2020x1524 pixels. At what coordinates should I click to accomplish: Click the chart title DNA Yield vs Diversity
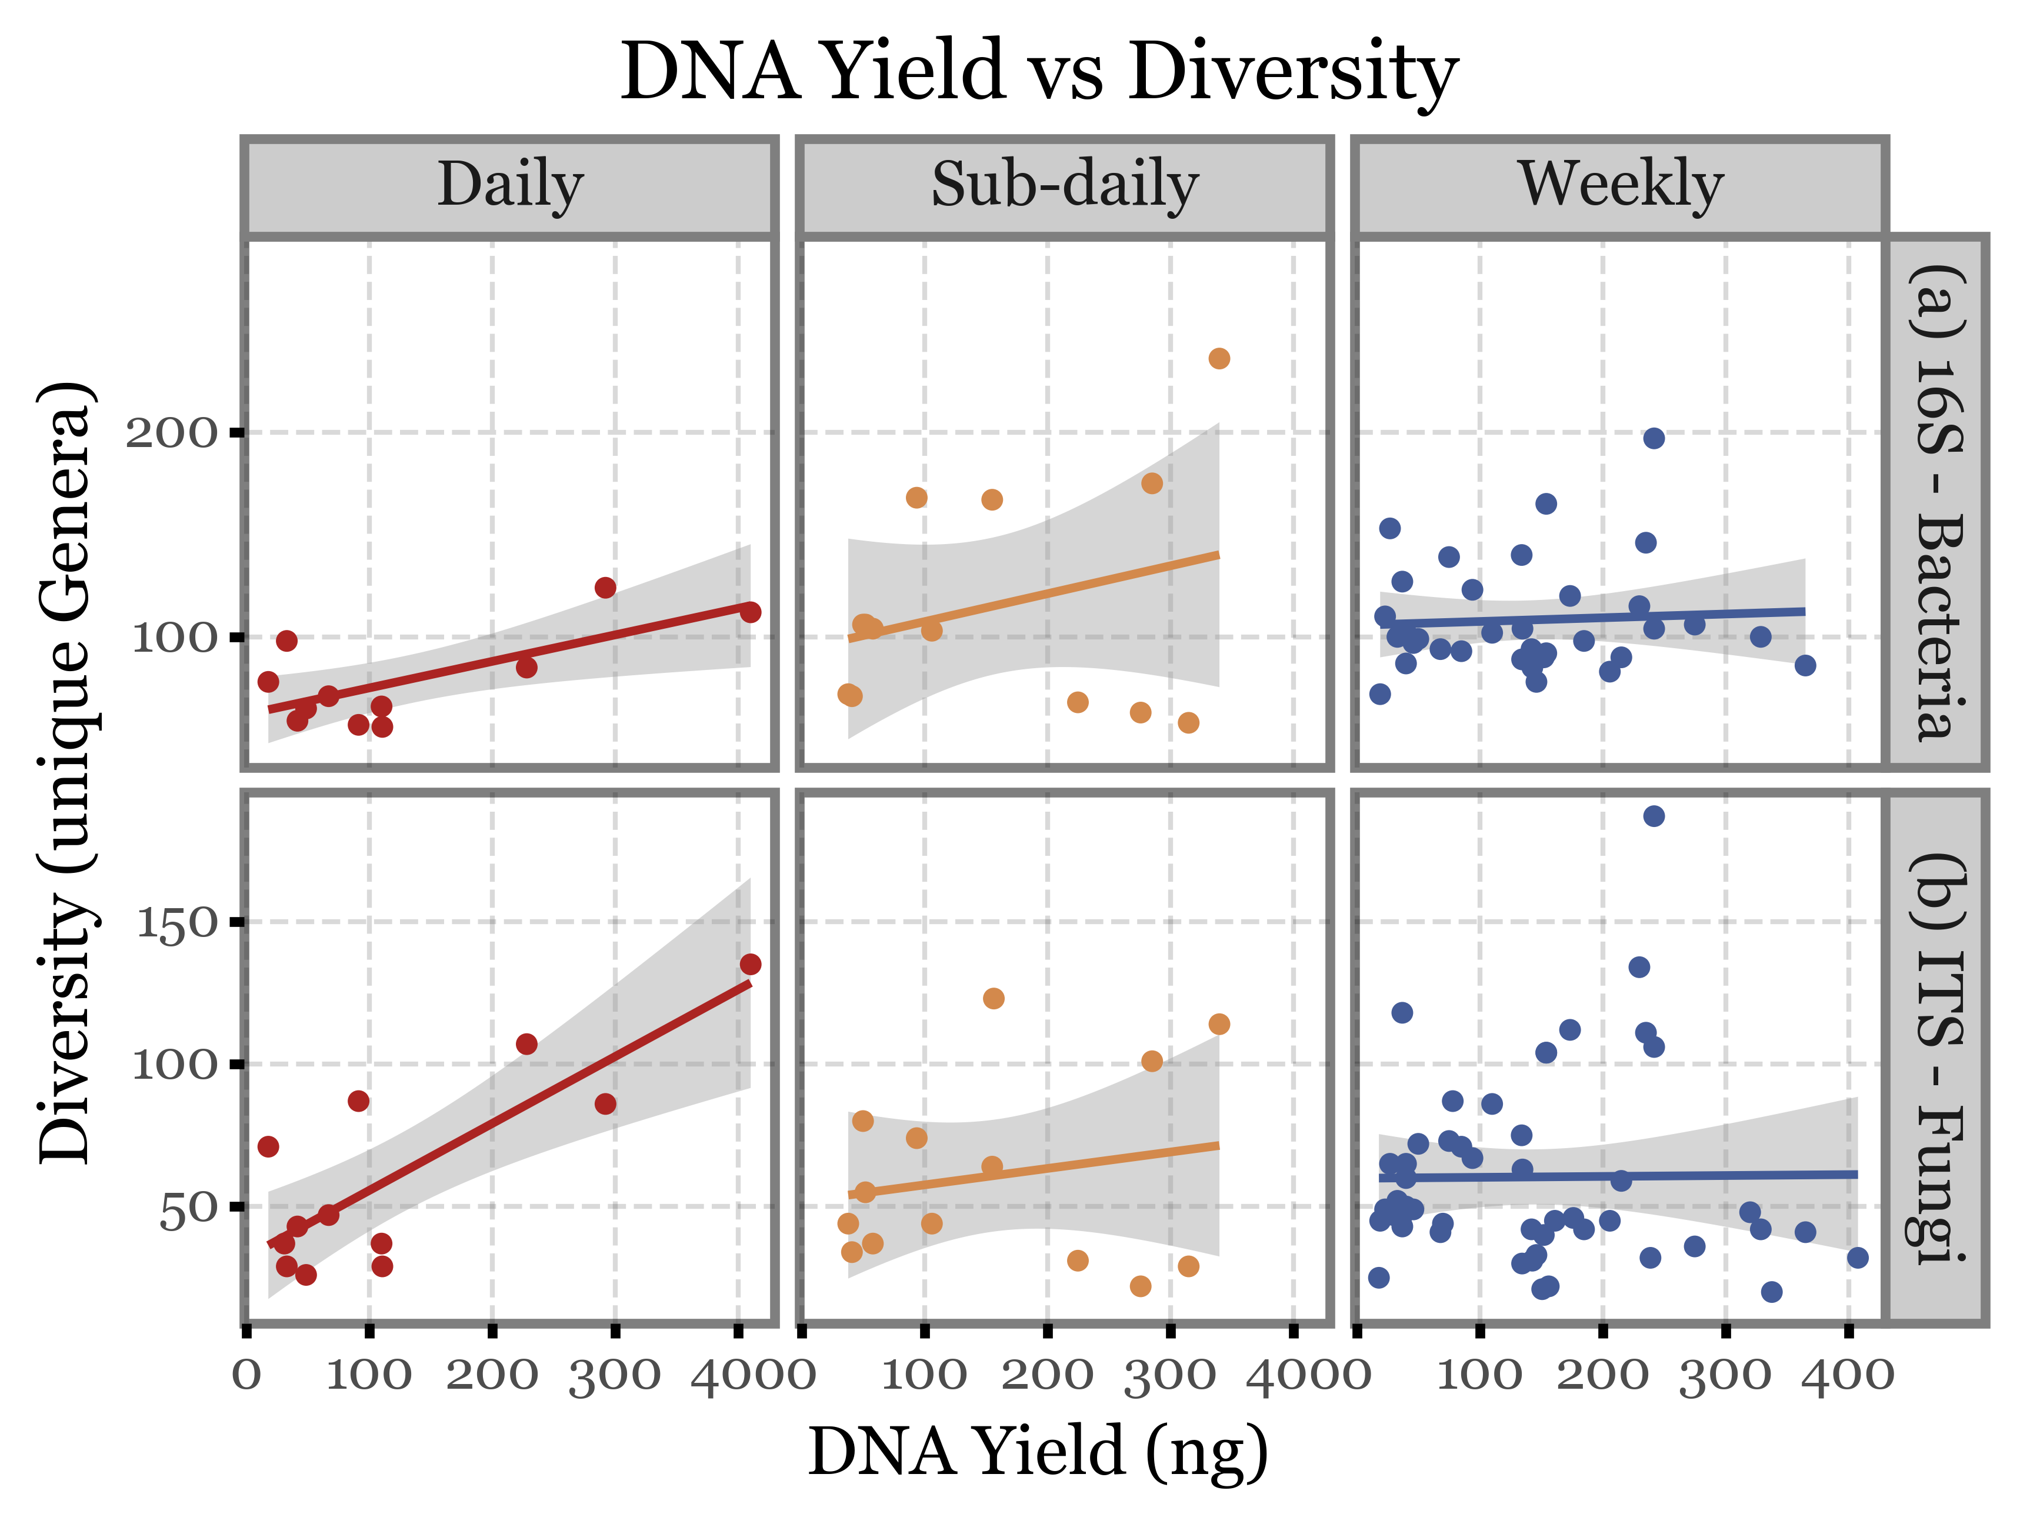click(1038, 71)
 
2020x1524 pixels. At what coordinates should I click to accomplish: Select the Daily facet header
click(509, 185)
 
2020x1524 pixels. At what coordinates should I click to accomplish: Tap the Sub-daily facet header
click(1064, 185)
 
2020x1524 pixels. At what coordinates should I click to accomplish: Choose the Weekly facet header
click(1620, 185)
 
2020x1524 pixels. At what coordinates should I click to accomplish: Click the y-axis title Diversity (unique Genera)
click(66, 772)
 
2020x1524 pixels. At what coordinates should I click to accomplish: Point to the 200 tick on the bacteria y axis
click(172, 433)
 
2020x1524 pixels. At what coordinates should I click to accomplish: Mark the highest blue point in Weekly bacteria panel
click(1654, 438)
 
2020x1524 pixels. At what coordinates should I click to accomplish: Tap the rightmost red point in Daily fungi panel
click(751, 964)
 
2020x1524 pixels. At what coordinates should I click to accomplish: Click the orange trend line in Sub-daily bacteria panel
click(1032, 598)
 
